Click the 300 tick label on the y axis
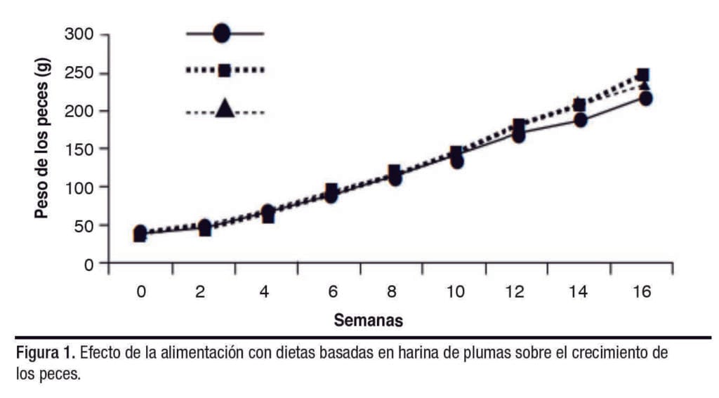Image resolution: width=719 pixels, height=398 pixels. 79,34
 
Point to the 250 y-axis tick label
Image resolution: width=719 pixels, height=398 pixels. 79,73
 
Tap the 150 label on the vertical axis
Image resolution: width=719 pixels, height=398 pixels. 79,149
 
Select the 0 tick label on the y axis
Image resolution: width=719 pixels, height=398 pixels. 89,264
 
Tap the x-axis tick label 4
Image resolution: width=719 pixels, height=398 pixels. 265,291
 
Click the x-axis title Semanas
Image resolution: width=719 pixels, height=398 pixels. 368,321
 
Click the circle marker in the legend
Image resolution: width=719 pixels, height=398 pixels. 222,33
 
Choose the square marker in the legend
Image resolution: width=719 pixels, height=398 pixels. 225,70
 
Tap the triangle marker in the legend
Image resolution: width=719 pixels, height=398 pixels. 225,108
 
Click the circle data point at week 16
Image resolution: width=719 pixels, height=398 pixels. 644,98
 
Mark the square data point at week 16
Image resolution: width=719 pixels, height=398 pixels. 642,74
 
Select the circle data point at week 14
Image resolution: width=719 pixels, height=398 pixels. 581,120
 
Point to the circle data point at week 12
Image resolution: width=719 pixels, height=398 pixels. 518,135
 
